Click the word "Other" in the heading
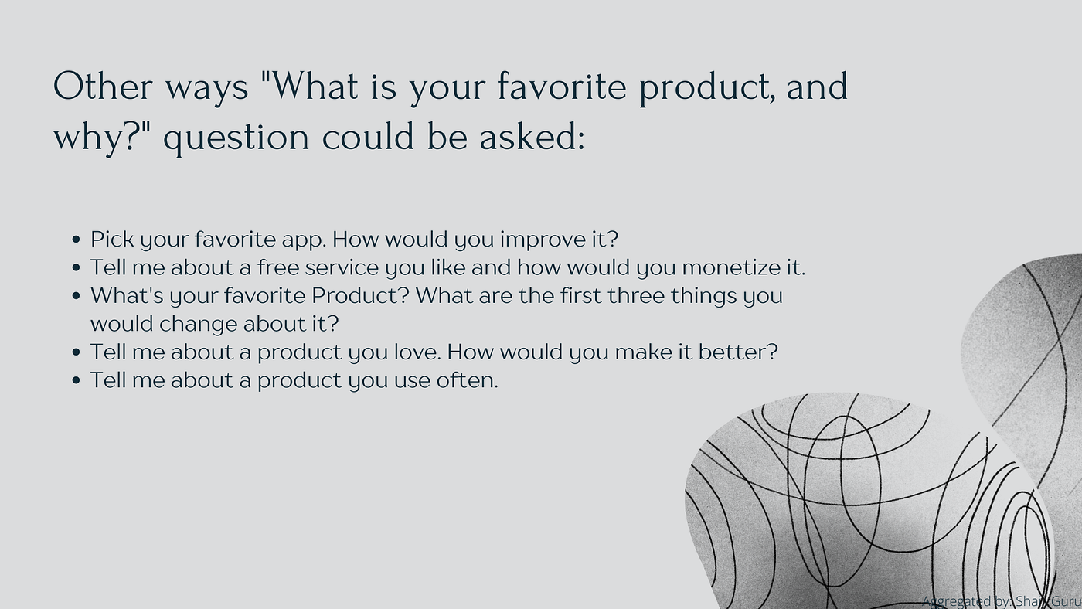coord(103,87)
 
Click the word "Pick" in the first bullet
coord(111,239)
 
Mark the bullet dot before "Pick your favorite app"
coord(76,240)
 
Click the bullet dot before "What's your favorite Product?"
coord(76,296)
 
